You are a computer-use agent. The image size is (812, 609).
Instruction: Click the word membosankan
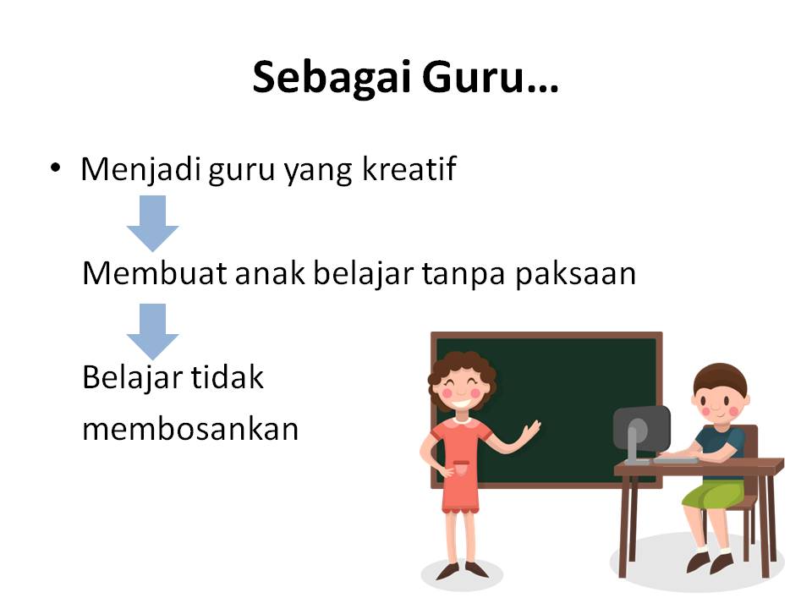point(190,430)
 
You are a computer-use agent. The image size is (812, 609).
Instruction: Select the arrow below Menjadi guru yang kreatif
point(153,223)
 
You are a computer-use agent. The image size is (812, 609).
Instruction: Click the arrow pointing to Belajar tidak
point(153,332)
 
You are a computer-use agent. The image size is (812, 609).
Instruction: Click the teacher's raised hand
point(531,430)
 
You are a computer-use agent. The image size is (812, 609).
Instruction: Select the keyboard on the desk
point(677,459)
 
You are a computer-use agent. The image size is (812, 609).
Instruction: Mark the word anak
point(270,273)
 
